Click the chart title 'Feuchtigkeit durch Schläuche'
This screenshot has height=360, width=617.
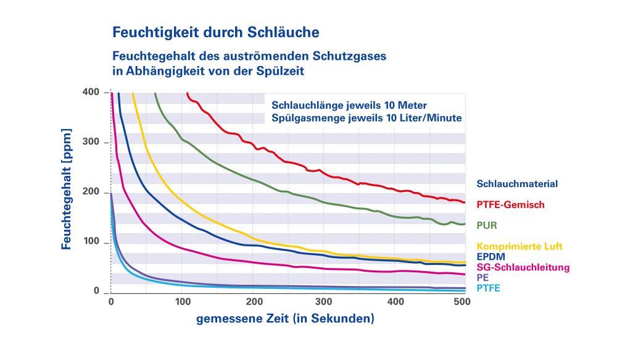click(x=215, y=30)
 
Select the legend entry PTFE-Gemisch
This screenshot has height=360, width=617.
click(x=511, y=204)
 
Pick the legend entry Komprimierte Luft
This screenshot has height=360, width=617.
click(x=519, y=246)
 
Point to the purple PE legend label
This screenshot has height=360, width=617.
click(x=483, y=278)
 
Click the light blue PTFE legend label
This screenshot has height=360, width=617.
click(x=489, y=288)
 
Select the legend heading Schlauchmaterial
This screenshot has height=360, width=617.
click(x=517, y=183)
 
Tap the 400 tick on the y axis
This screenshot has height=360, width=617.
click(x=91, y=93)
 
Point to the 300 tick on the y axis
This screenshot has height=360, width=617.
click(x=91, y=143)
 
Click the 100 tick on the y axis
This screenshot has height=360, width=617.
click(x=91, y=242)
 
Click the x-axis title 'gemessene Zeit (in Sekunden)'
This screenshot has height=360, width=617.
click(x=285, y=319)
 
